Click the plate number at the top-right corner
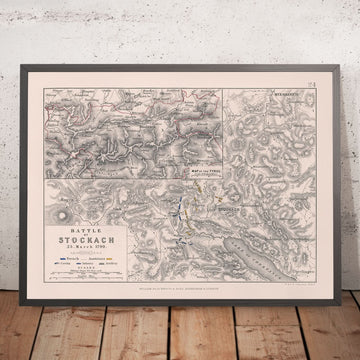315,89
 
